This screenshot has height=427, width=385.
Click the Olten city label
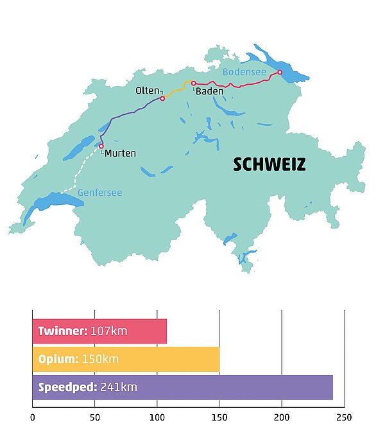[x=147, y=91]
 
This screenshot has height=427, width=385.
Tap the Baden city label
[x=210, y=92]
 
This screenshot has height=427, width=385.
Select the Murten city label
[x=120, y=153]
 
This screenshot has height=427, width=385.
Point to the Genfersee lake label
[x=99, y=193]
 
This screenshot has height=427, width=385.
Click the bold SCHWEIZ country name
[x=269, y=165]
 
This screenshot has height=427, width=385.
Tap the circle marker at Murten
[x=101, y=146]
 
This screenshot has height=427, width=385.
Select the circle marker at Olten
[x=162, y=98]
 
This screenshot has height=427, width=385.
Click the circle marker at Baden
[x=194, y=83]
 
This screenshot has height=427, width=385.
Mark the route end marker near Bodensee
[x=280, y=73]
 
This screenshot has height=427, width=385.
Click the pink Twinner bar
[x=99, y=331]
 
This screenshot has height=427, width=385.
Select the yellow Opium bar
[x=126, y=360]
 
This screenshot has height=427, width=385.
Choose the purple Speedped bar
[x=182, y=387]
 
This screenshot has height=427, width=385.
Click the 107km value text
[x=109, y=331]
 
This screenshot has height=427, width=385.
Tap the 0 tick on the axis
[x=33, y=415]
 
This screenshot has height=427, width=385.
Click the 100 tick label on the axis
[x=157, y=415]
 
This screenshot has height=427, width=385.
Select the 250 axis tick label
[x=345, y=415]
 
